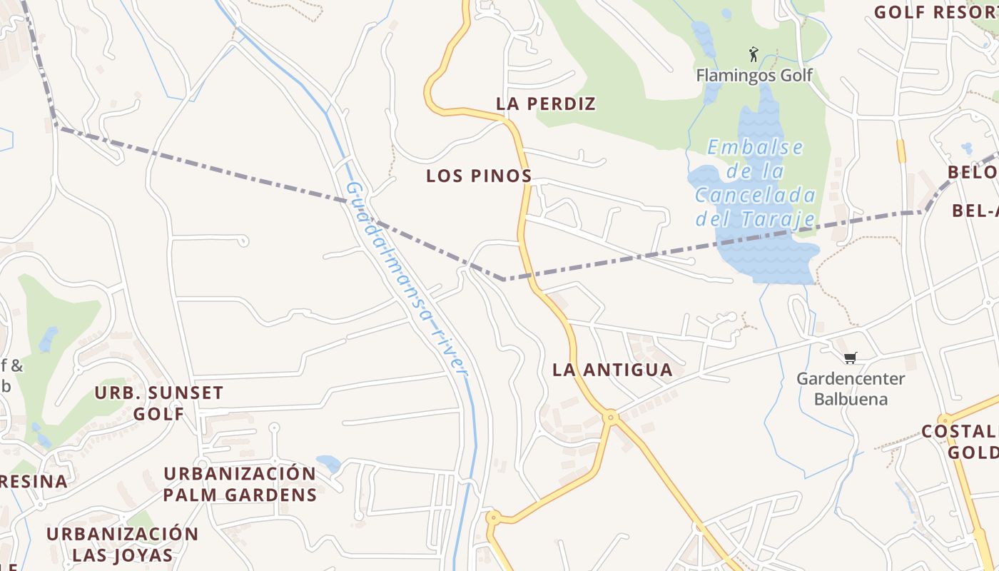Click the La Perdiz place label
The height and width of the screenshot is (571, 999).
pyautogui.click(x=546, y=104)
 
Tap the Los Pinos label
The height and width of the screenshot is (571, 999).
pyautogui.click(x=479, y=176)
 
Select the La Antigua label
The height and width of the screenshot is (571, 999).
pyautogui.click(x=613, y=370)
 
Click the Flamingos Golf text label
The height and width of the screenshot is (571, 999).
pyautogui.click(x=754, y=75)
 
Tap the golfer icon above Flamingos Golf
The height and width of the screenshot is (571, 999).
pyautogui.click(x=753, y=54)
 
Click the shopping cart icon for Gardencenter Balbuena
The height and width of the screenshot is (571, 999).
pyautogui.click(x=850, y=358)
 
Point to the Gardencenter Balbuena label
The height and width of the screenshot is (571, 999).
pyautogui.click(x=851, y=388)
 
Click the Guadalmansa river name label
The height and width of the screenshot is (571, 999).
pyautogui.click(x=407, y=278)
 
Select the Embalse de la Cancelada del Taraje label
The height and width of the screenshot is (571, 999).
pyautogui.click(x=755, y=183)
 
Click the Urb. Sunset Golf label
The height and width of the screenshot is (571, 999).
pyautogui.click(x=159, y=403)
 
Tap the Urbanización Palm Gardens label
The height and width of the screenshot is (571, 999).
pyautogui.click(x=240, y=484)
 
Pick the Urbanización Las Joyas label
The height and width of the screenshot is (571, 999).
pyautogui.click(x=123, y=544)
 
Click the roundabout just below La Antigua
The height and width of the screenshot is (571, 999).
pyautogui.click(x=609, y=415)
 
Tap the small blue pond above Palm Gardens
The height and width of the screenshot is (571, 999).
pyautogui.click(x=329, y=463)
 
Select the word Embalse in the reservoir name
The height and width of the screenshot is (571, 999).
pyautogui.click(x=755, y=148)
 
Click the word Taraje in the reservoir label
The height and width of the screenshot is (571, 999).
pyautogui.click(x=784, y=219)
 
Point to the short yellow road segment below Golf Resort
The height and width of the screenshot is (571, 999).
pyautogui.click(x=901, y=151)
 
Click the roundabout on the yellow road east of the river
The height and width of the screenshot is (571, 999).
pyautogui.click(x=492, y=517)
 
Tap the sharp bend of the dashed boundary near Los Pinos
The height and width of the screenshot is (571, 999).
pyautogui.click(x=504, y=279)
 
